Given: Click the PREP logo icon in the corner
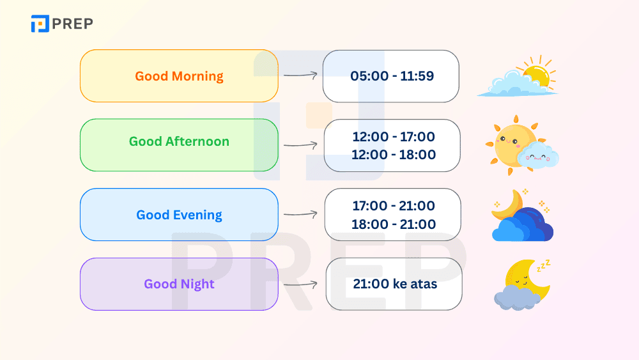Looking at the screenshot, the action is [x=40, y=23].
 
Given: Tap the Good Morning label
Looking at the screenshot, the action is [x=179, y=76].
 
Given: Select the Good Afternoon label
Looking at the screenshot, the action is [x=179, y=141].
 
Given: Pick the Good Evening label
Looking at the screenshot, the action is [x=179, y=215].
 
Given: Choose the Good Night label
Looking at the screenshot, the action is [x=179, y=284].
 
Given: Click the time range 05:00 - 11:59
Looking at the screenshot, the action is [x=392, y=76].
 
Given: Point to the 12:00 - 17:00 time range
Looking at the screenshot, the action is [x=394, y=137].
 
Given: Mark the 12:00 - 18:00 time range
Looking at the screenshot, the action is [x=394, y=155].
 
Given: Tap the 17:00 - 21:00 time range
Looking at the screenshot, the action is [x=394, y=206].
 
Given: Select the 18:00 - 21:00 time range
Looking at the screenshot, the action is [x=394, y=224].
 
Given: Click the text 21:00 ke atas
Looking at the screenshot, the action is [x=395, y=284].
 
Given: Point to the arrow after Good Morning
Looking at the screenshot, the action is [x=300, y=75].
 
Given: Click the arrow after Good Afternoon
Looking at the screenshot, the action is [x=300, y=145].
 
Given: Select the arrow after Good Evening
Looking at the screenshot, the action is [x=300, y=214].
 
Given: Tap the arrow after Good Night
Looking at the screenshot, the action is [x=300, y=285].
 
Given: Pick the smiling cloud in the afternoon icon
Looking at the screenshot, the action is [x=538, y=155].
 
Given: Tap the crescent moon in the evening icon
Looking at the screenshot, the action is [x=508, y=205].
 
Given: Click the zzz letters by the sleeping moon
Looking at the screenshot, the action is [x=544, y=265].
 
